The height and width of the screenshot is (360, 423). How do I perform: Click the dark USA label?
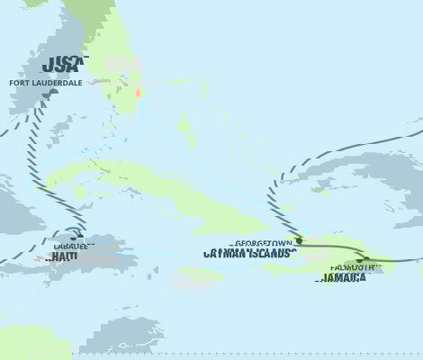[x=64, y=64]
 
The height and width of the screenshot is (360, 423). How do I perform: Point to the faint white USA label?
[x=122, y=65]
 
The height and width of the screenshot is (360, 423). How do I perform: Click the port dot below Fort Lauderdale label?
[x=53, y=92]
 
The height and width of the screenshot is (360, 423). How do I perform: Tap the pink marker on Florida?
[x=138, y=94]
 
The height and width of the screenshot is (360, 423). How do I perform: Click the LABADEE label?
[x=68, y=246]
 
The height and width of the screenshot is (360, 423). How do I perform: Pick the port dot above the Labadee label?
[x=85, y=238]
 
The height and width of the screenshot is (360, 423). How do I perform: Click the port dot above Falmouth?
[x=363, y=259]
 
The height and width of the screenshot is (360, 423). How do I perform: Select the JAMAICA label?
[x=342, y=278]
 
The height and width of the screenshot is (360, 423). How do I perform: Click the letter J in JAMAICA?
[x=320, y=278]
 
